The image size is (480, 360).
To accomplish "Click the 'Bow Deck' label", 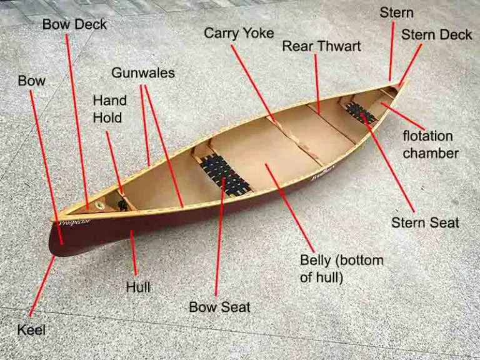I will click(74, 25).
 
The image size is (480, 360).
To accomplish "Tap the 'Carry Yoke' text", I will click(238, 32).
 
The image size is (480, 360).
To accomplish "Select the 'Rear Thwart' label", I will click(321, 46).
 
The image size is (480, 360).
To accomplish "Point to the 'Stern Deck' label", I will click(436, 34).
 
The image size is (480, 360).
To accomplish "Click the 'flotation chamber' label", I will click(431, 144).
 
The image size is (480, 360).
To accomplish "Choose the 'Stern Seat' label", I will click(425, 222).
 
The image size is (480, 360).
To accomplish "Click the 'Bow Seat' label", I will click(219, 307).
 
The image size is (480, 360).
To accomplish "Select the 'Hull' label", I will click(138, 288).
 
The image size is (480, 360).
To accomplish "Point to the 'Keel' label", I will click(32, 329).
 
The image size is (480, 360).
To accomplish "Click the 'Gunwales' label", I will click(143, 73).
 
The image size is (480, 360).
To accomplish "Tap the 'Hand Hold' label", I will click(110, 108).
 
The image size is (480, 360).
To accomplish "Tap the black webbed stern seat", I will click(361, 113).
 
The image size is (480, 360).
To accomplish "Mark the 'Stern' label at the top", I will click(396, 12).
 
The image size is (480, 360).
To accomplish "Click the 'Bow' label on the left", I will click(31, 81).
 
